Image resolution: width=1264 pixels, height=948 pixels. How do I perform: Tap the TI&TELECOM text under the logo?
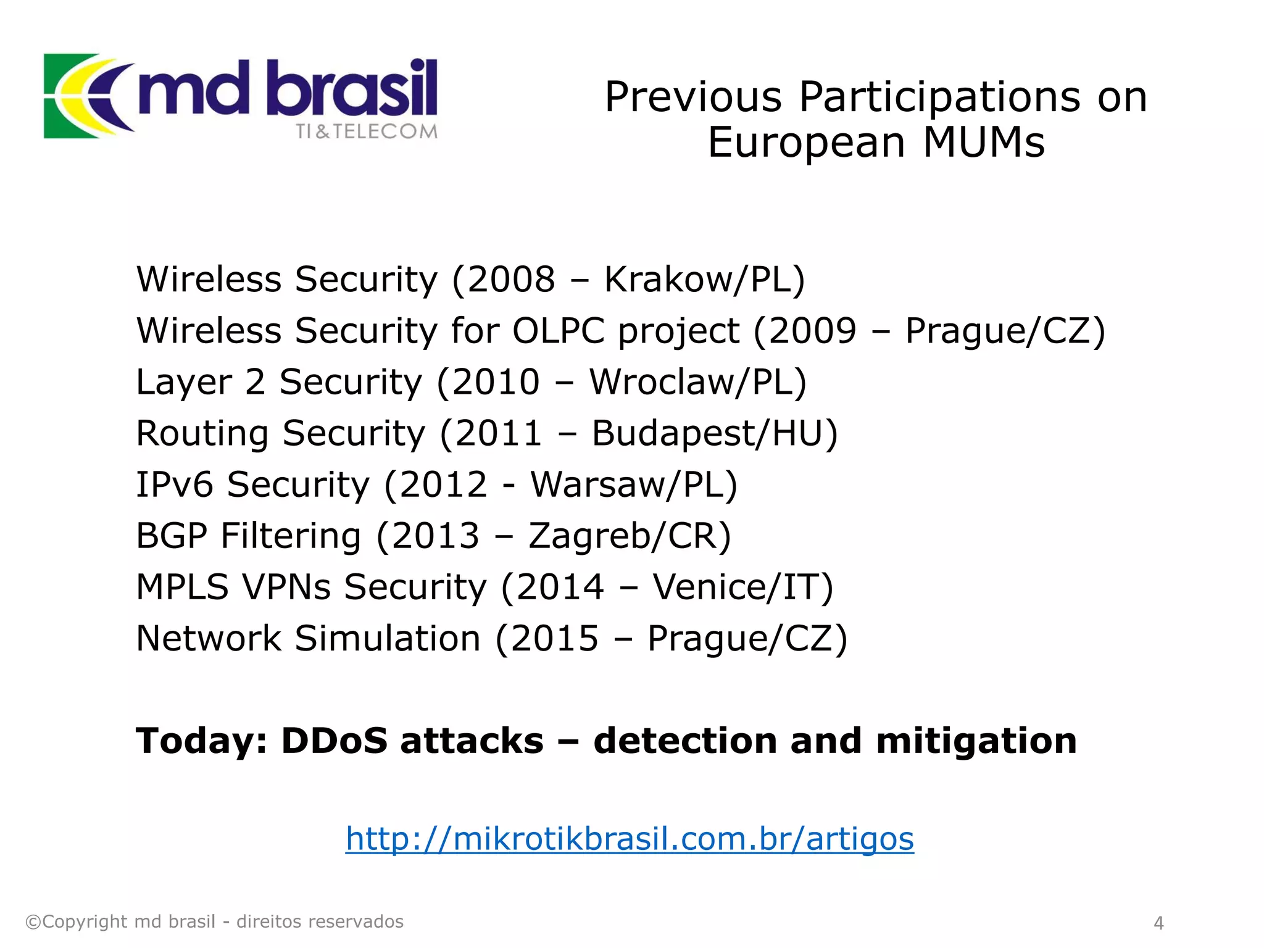(367, 131)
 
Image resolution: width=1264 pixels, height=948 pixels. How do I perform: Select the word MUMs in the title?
(984, 143)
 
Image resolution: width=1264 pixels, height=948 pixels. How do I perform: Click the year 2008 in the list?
(512, 279)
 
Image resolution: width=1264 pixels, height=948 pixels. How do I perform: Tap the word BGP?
(171, 535)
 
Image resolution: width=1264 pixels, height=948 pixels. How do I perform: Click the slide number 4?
(1158, 923)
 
